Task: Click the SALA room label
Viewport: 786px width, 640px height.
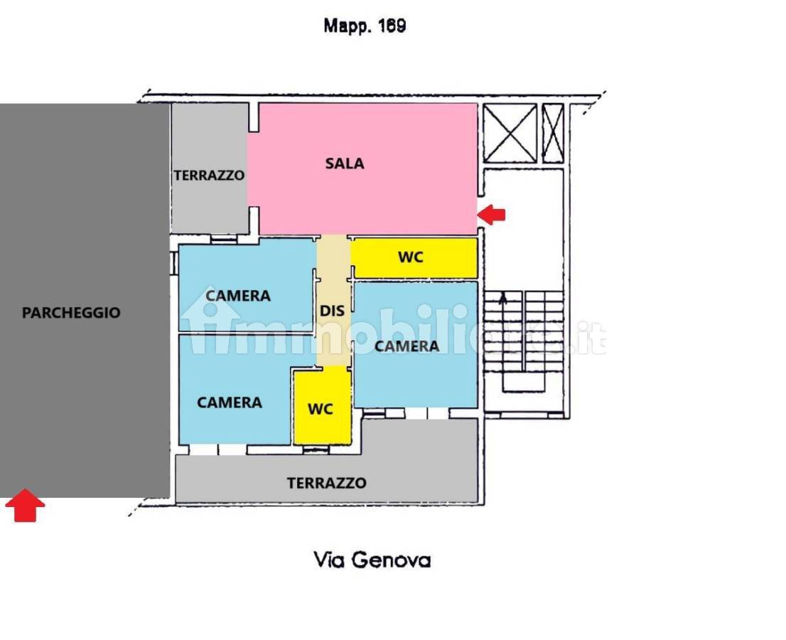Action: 345,164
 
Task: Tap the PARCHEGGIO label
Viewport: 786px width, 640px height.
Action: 71,313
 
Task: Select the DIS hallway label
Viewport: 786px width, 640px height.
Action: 332,311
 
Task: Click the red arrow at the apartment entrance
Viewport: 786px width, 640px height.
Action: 491,215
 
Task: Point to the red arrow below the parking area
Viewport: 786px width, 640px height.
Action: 25,506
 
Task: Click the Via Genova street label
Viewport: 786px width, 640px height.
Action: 372,560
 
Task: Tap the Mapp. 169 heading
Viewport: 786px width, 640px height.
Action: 365,26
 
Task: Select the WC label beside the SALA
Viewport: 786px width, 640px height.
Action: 411,257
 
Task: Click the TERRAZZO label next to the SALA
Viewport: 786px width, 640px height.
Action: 209,176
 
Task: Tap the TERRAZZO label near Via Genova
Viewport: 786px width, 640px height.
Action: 326,483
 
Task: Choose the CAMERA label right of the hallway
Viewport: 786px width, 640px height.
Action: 407,346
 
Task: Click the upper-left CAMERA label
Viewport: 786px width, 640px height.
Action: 238,296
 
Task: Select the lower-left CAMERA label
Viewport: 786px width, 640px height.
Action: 230,402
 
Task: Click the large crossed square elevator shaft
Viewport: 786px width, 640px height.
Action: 510,134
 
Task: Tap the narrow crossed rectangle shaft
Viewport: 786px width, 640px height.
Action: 553,134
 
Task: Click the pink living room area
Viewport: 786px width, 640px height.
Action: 362,169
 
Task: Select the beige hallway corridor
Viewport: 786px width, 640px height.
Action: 333,300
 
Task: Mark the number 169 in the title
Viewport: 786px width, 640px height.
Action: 392,25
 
